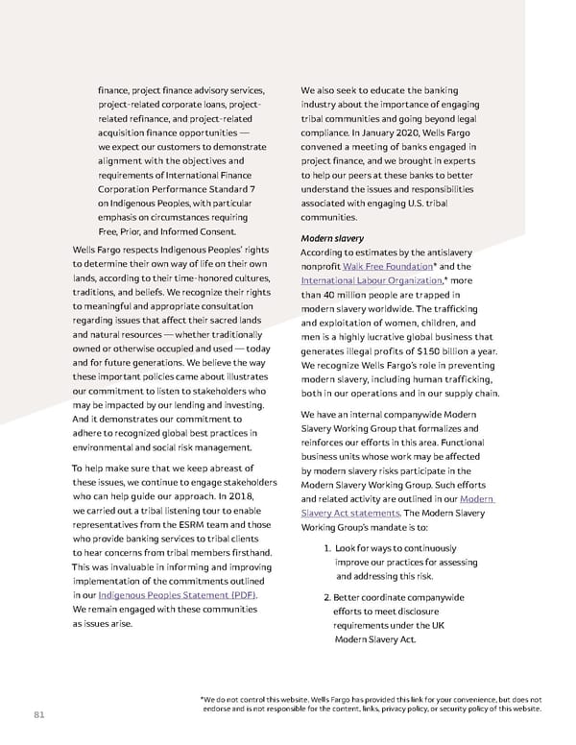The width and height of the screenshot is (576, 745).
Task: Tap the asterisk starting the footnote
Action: [202, 700]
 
